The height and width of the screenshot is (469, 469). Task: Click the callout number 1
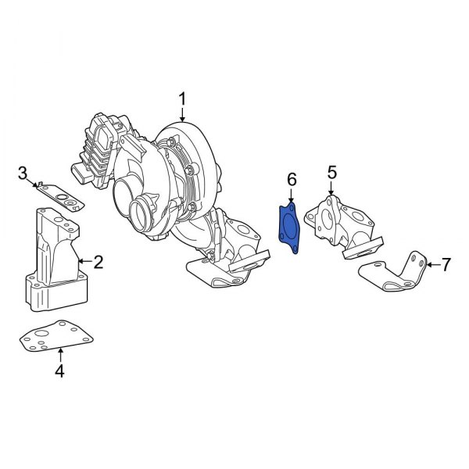point(182,99)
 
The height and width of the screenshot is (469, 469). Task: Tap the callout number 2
point(99,261)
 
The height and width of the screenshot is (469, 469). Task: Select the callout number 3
point(23,172)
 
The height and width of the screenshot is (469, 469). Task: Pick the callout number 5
point(331,171)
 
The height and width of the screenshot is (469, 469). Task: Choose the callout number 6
point(291,181)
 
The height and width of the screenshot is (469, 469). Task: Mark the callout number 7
point(446,265)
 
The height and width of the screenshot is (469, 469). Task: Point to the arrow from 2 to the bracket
point(85,261)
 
